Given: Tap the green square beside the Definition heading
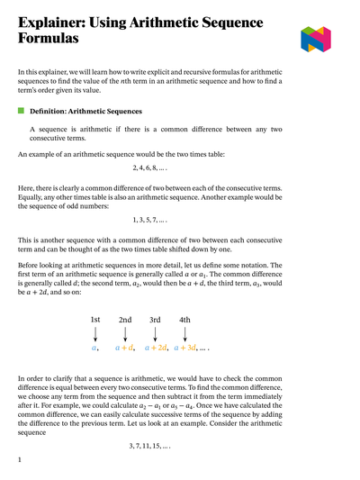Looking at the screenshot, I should (22, 111).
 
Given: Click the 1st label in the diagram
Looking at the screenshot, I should (96, 320).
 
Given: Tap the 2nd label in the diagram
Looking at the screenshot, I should (125, 320).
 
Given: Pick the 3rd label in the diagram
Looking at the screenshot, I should (155, 320).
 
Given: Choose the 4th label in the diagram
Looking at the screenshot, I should (184, 320).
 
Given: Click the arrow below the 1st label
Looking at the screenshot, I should (96, 333).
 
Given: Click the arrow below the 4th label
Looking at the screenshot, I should (184, 333).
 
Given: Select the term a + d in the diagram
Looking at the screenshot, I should (124, 348).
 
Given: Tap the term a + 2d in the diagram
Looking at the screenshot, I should (156, 348).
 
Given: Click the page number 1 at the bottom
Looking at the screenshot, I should (20, 460).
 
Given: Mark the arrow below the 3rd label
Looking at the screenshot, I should (155, 333).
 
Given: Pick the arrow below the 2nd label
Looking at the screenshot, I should (125, 333).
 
